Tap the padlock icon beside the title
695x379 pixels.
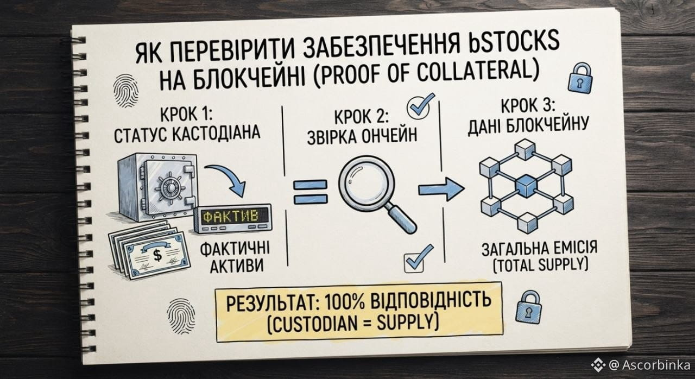579,77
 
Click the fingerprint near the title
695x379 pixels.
125,90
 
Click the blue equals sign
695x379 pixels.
310,192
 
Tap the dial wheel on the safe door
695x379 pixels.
170,188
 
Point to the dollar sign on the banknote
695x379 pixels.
157,255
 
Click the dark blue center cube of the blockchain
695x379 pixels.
526,186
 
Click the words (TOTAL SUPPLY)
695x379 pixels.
540,264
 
